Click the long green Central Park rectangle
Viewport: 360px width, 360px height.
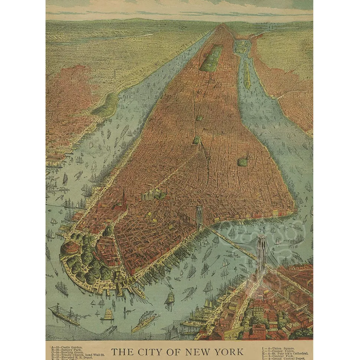[212, 59]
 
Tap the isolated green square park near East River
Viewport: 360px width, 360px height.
[242, 162]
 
